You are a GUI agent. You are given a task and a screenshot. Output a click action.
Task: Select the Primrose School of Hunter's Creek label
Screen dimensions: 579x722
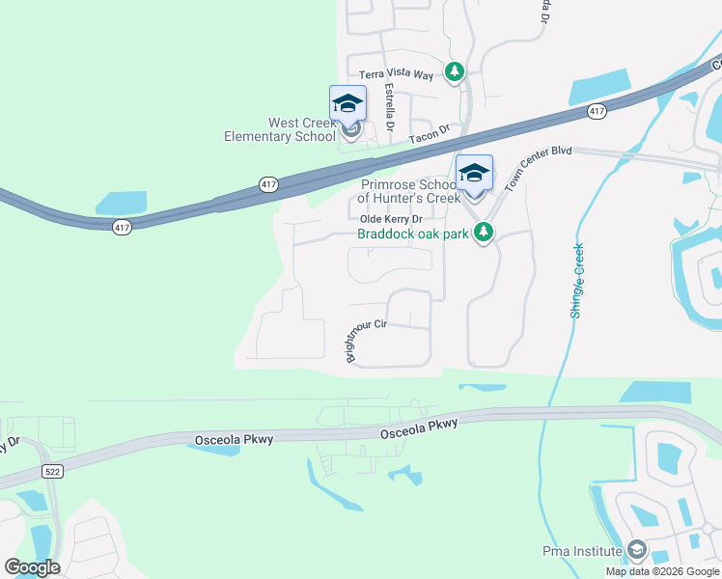click(x=406, y=190)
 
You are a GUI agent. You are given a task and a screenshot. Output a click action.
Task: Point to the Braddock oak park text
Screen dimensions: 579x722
click(x=413, y=234)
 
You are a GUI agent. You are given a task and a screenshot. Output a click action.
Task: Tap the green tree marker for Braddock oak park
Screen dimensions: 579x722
click(x=485, y=233)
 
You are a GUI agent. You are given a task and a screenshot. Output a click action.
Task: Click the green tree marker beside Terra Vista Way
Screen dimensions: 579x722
click(x=455, y=72)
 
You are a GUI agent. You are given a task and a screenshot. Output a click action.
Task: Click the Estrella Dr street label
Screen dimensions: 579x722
click(x=390, y=106)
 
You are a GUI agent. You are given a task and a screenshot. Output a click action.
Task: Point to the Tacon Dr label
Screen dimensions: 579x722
click(x=430, y=137)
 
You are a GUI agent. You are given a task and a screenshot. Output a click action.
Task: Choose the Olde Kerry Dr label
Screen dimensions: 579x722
click(x=392, y=219)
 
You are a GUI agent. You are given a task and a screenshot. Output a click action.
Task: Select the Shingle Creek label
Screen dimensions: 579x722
click(x=577, y=280)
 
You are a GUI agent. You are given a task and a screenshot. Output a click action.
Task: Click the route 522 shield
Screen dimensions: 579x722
click(x=53, y=471)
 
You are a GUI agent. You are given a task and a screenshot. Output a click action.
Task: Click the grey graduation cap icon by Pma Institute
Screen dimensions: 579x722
click(x=637, y=551)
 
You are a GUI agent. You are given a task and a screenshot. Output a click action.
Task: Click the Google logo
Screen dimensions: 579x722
click(x=32, y=567)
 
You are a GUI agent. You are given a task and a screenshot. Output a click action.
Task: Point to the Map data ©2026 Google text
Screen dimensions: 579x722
click(x=662, y=571)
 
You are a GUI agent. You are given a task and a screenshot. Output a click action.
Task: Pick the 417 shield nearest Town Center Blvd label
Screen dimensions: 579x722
click(x=597, y=112)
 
